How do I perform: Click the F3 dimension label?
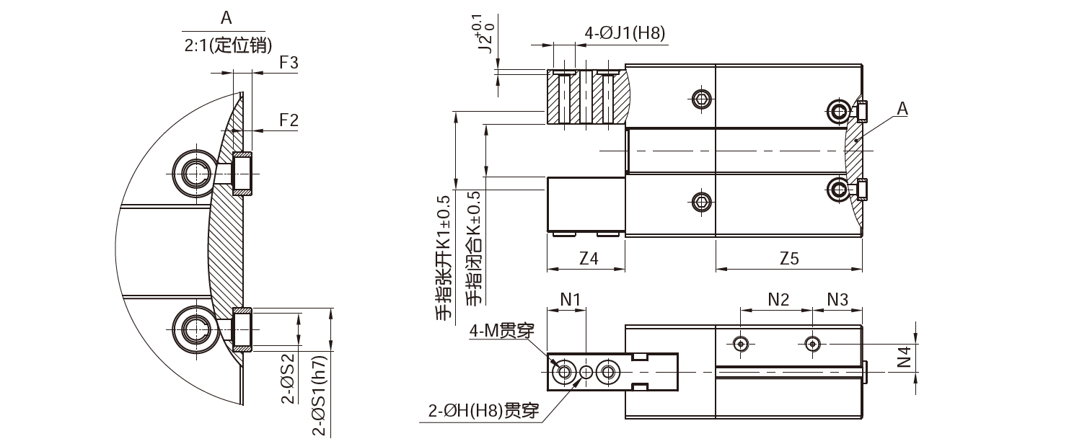[289, 63]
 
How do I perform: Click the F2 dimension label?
[289, 120]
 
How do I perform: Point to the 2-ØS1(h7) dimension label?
[319, 396]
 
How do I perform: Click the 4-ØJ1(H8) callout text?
[625, 32]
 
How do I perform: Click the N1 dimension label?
[570, 299]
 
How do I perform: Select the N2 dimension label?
[778, 299]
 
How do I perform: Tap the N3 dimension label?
[837, 299]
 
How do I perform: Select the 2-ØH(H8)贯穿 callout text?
[484, 412]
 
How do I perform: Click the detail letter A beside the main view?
[902, 109]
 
